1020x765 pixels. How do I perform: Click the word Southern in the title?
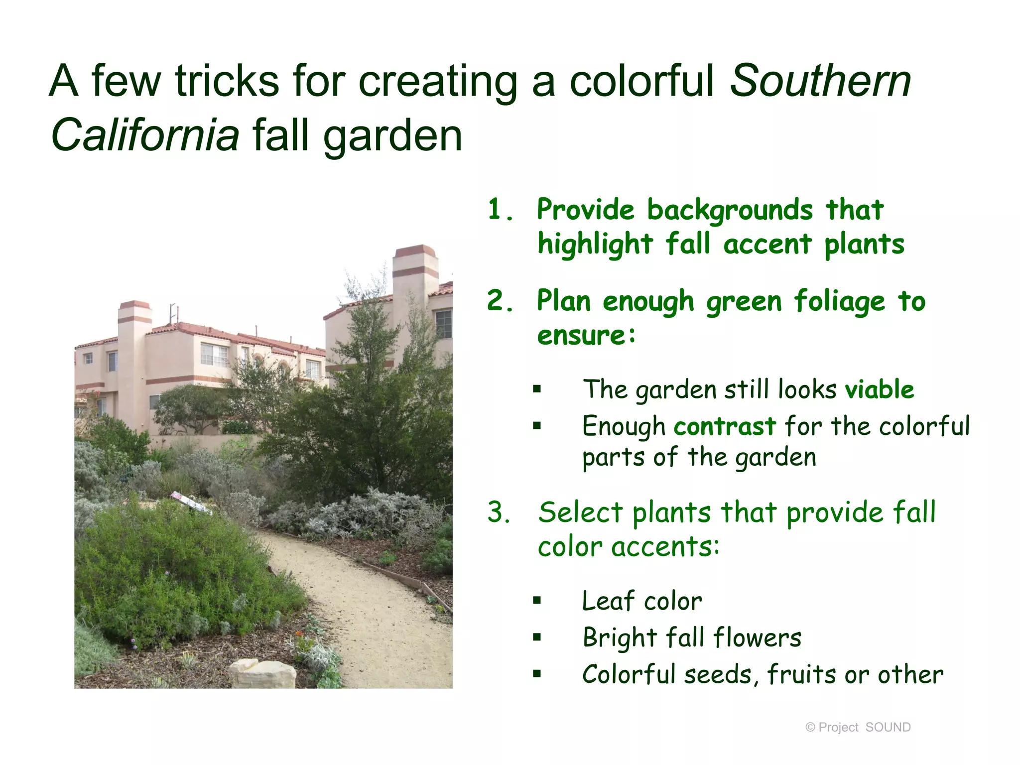pos(820,81)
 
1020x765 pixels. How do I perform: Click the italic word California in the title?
pos(145,135)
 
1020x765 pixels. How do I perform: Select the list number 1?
pos(500,209)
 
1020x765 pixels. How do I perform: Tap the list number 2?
pos(500,301)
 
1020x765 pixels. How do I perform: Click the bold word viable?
pos(880,389)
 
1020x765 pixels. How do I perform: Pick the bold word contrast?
pos(725,426)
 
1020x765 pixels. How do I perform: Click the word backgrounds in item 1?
pos(730,210)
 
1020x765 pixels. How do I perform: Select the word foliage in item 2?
pos(839,301)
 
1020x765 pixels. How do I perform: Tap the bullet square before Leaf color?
pos(536,600)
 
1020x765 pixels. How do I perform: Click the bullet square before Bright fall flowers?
pos(536,637)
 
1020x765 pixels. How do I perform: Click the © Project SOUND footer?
pos(858,727)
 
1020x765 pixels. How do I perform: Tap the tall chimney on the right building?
pos(414,284)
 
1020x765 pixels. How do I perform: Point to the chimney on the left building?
pos(134,349)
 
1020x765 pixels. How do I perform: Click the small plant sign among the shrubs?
pos(190,502)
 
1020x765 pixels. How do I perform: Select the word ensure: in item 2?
pos(587,335)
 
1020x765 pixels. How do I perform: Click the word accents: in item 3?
pos(665,547)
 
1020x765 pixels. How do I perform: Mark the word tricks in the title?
pos(227,81)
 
